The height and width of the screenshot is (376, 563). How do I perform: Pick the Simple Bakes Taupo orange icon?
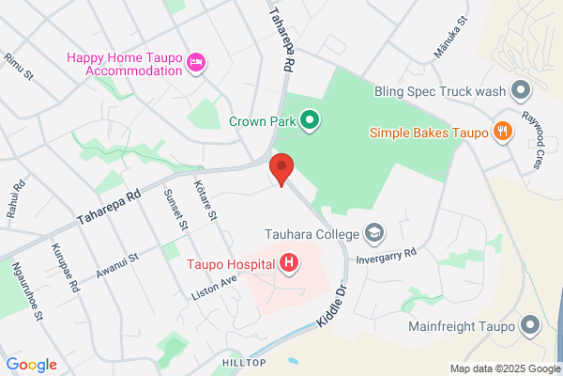click(x=503, y=132)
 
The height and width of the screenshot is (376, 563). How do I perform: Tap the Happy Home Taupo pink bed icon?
click(x=197, y=63)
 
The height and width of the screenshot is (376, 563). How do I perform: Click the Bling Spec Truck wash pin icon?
click(x=521, y=91)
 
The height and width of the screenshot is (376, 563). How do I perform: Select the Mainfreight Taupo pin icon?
click(x=530, y=327)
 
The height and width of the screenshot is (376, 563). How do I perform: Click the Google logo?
click(x=31, y=365)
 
